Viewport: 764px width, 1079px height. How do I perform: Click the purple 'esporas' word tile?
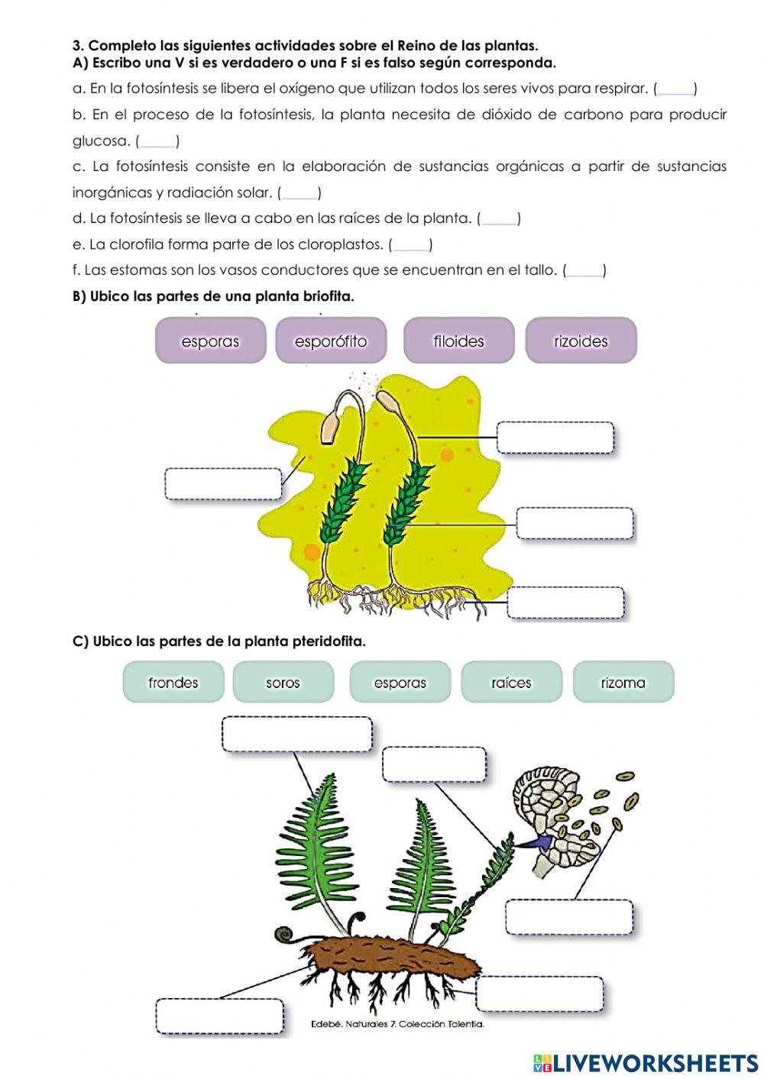tap(210, 341)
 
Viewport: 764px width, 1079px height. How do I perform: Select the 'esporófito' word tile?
tap(331, 341)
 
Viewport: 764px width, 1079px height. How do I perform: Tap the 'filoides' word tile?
tap(458, 341)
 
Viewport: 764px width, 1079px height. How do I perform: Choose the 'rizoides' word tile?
tap(581, 341)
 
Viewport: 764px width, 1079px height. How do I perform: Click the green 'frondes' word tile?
tap(173, 682)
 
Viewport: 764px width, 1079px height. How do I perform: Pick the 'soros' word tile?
tap(283, 682)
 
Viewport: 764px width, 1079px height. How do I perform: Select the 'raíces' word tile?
tap(511, 682)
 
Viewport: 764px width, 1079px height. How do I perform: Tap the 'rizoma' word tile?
tap(623, 682)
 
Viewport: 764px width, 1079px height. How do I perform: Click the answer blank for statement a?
tap(675, 89)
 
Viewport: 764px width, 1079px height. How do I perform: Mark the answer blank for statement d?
tap(499, 218)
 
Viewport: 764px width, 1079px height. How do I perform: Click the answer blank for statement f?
tap(584, 270)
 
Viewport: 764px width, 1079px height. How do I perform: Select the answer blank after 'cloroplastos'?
tap(411, 244)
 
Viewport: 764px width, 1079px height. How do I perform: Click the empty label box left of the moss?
tap(223, 484)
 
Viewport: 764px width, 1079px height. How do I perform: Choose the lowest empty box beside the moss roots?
tap(565, 602)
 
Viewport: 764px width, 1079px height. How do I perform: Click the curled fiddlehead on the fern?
tap(286, 934)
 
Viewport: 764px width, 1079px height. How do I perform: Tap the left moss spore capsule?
tap(331, 428)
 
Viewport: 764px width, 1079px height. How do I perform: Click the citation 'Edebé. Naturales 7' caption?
tap(397, 1024)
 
